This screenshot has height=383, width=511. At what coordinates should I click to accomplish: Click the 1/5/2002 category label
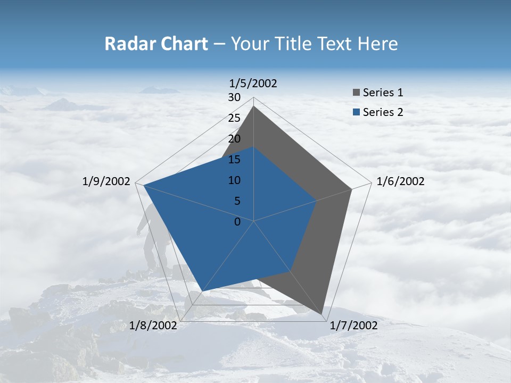point(253,83)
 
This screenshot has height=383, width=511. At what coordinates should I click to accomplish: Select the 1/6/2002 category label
point(400,181)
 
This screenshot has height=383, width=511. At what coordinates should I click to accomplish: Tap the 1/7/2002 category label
point(353,326)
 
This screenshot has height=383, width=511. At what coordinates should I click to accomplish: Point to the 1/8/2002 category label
point(153,326)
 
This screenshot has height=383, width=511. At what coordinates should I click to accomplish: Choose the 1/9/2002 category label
point(106,181)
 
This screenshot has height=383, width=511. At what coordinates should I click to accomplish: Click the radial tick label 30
point(234,97)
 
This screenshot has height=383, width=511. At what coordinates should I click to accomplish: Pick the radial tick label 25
point(234,118)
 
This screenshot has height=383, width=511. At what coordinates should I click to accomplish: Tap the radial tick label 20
point(234,139)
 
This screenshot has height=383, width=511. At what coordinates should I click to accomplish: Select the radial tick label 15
point(234,160)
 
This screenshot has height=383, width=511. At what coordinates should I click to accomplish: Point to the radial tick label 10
point(234,180)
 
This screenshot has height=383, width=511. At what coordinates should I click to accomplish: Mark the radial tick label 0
point(237,222)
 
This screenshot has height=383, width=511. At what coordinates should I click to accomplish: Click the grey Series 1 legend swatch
point(356,93)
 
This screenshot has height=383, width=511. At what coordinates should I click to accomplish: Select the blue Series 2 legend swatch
point(356,112)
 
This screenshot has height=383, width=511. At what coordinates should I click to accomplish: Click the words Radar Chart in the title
point(155,44)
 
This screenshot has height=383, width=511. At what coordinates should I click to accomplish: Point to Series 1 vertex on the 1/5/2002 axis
point(253,106)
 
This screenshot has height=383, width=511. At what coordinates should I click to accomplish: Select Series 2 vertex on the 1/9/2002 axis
point(144,185)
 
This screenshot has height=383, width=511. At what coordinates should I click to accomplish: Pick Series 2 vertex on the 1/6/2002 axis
point(317,201)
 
